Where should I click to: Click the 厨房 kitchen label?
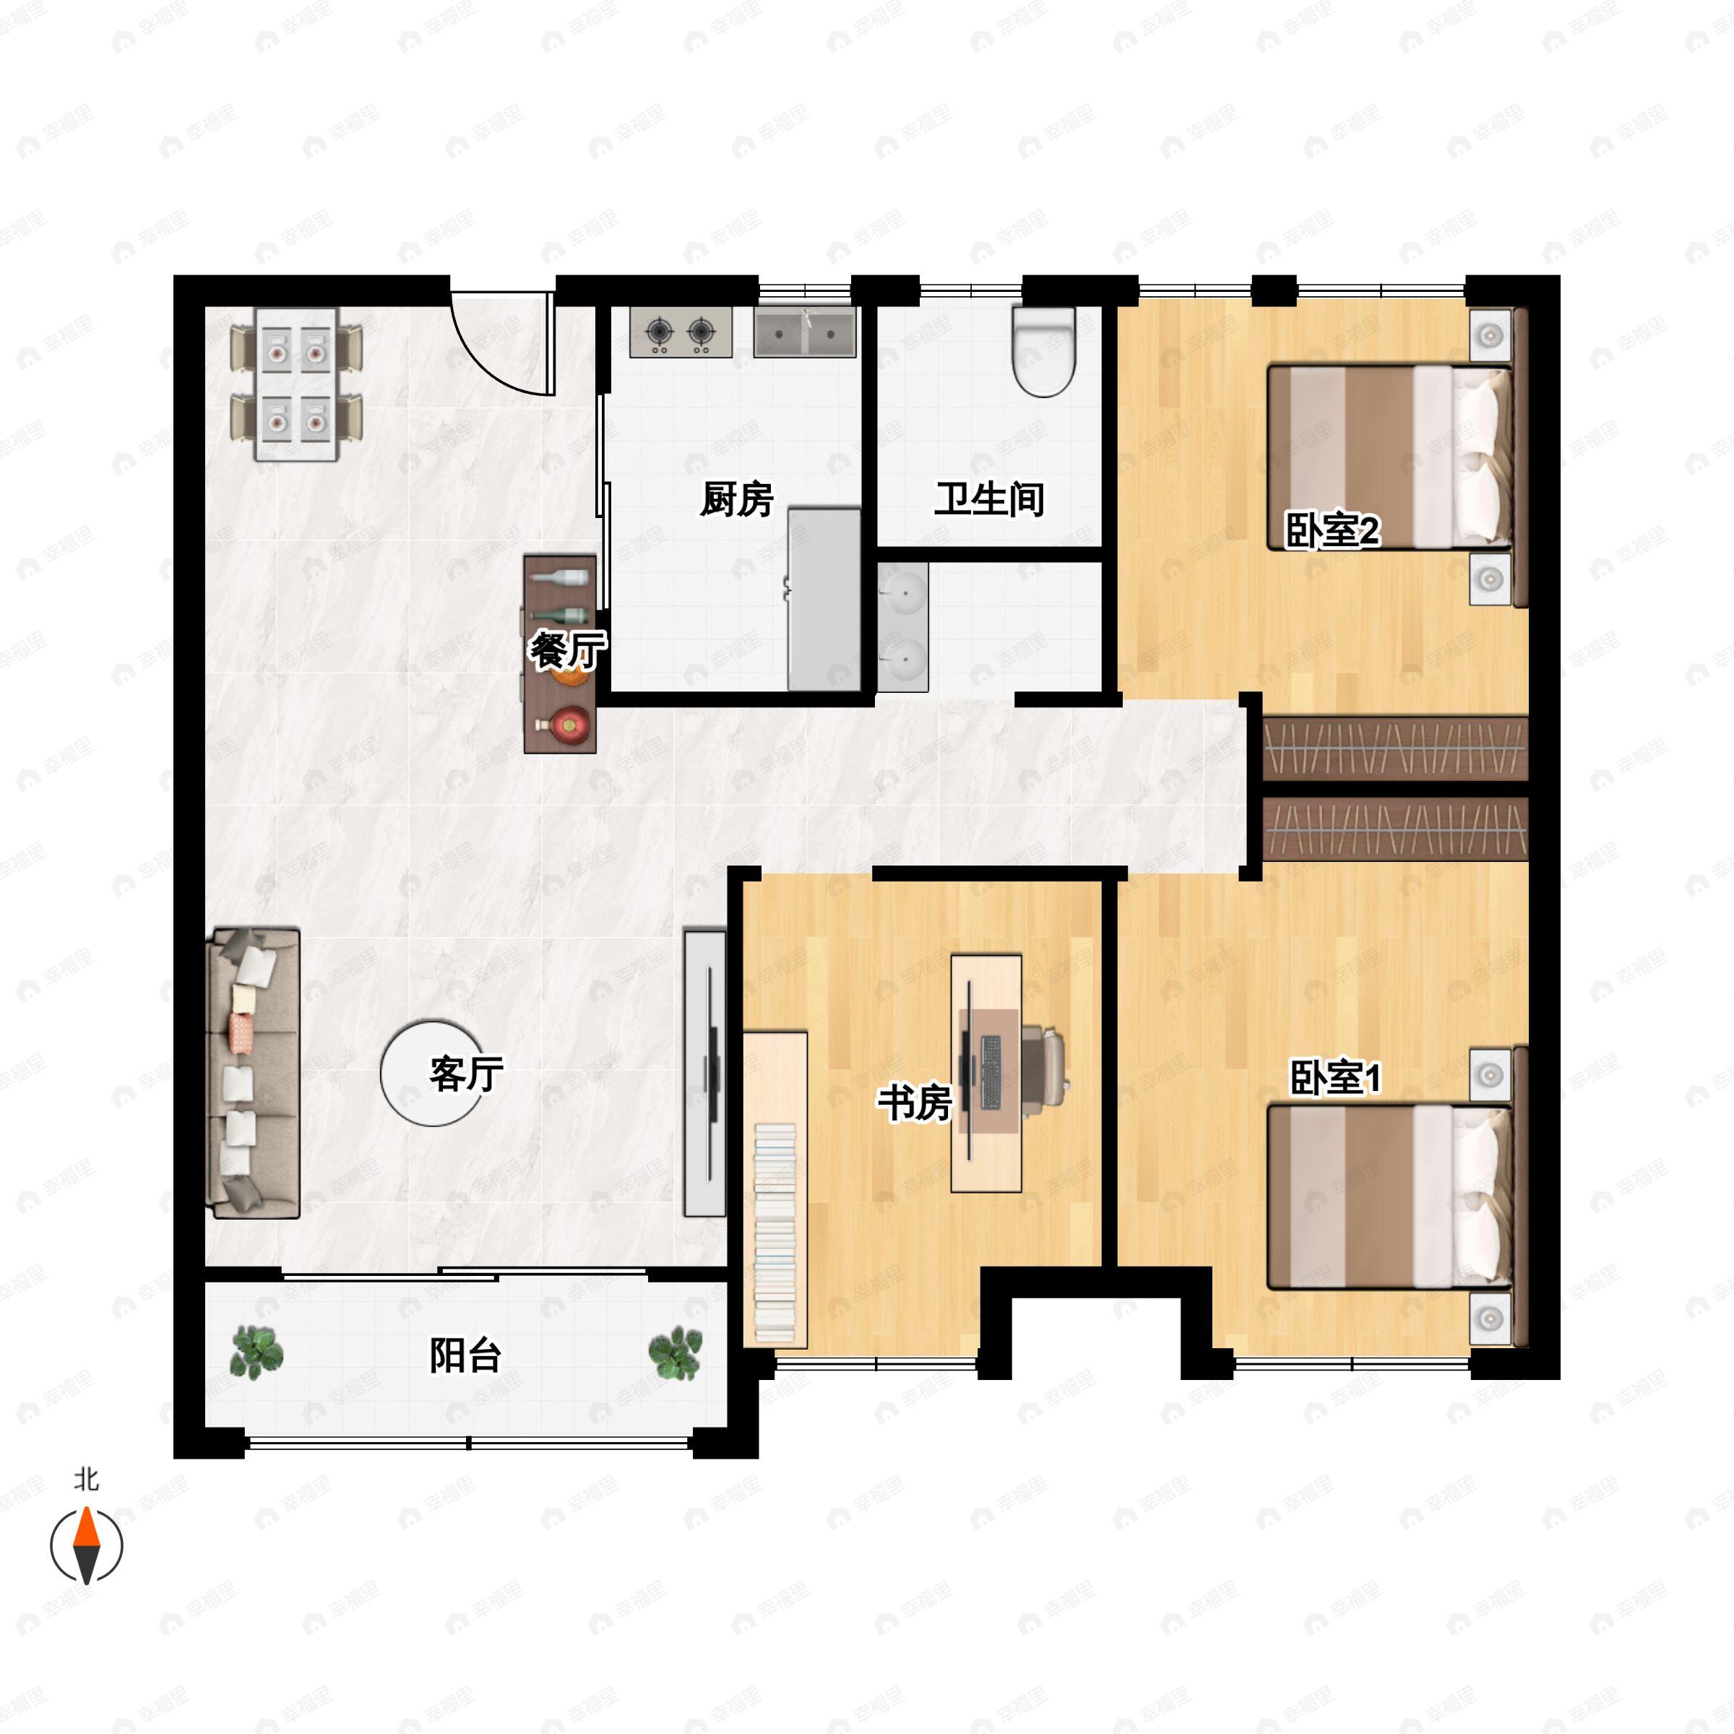click(736, 499)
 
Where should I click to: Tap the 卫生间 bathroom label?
click(989, 499)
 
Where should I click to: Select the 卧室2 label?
click(1332, 530)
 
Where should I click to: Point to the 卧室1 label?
click(1335, 1077)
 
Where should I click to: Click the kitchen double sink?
click(804, 333)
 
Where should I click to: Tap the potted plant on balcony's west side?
click(256, 1353)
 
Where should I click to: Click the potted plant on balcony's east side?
click(675, 1353)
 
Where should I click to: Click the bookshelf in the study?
click(775, 1189)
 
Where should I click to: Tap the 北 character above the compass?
click(86, 1479)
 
